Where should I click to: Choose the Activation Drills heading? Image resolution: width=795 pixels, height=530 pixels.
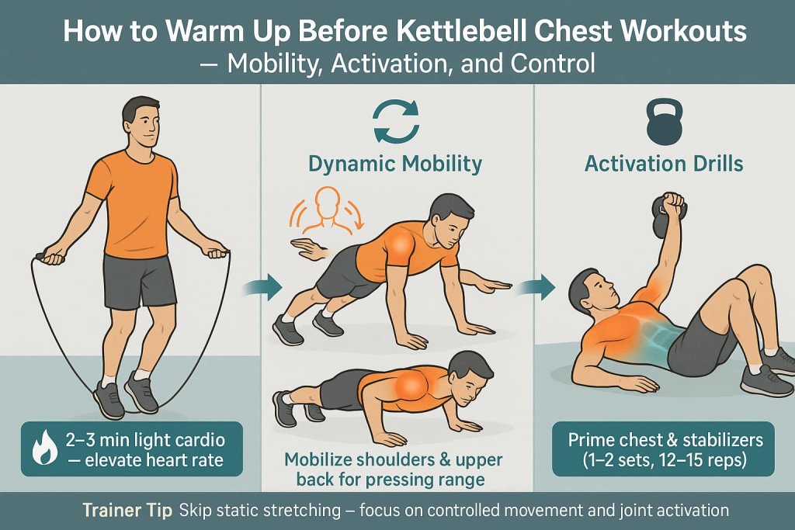coord(663,164)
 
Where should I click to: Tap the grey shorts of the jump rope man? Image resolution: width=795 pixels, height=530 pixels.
coord(141,280)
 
